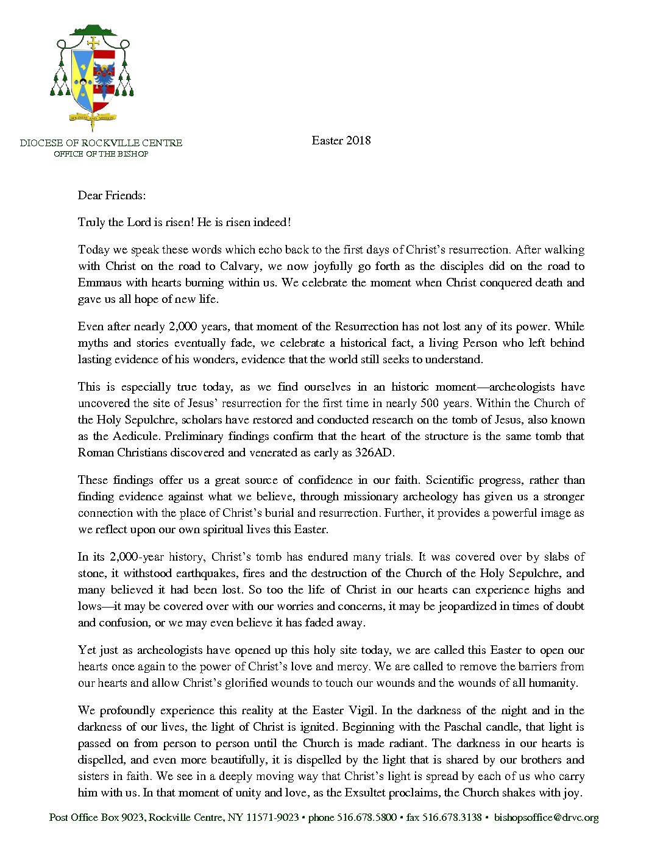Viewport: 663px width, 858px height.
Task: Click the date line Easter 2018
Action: tap(341, 141)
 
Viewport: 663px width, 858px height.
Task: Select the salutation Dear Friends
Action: tap(112, 196)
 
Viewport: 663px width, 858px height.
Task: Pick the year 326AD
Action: tap(375, 453)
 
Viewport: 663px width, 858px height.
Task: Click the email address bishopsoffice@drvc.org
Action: tap(546, 818)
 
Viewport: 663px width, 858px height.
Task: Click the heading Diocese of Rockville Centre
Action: tap(101, 143)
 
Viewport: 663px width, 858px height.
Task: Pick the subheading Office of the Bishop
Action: tap(101, 154)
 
